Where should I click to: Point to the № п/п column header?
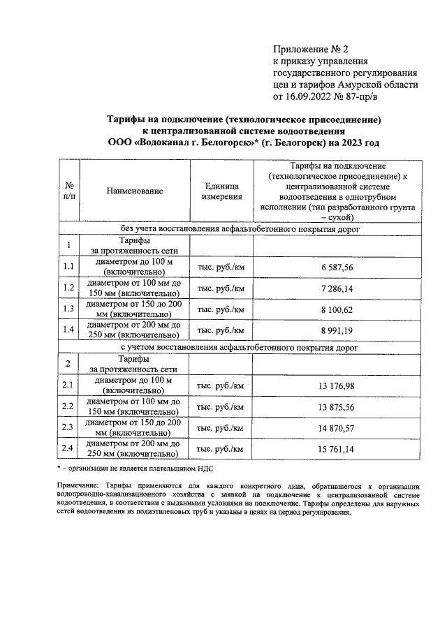coord(68,191)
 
